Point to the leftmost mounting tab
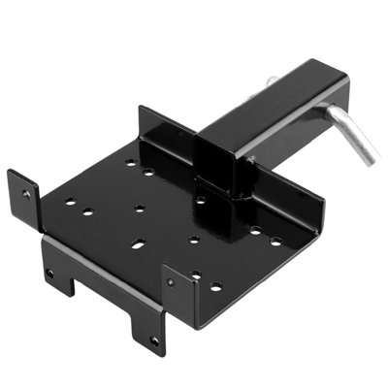(23, 194)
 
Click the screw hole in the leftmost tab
(26, 193)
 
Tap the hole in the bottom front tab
(152, 339)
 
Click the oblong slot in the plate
(137, 244)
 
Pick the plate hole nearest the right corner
(275, 241)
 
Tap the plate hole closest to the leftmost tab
(69, 202)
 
